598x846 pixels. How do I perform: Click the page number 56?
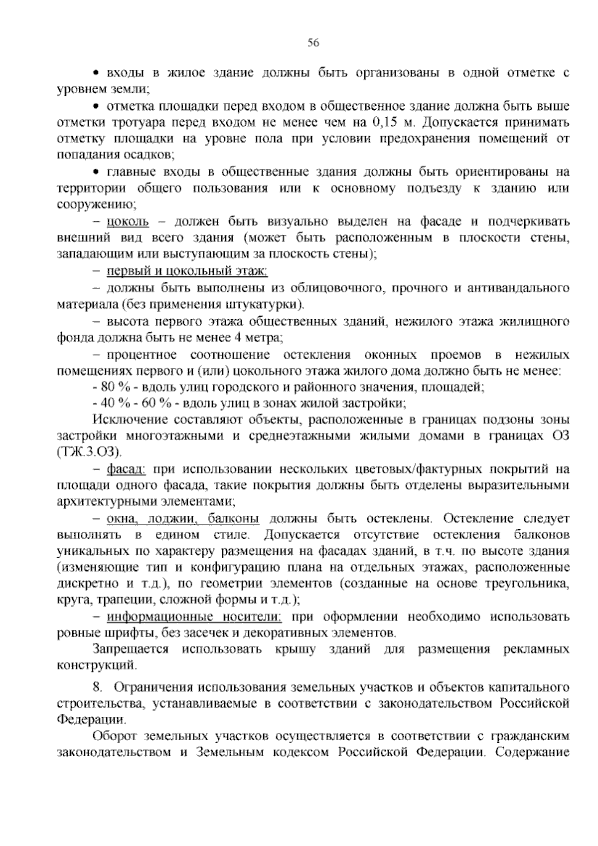pos(313,43)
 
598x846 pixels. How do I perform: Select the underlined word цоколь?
pos(128,221)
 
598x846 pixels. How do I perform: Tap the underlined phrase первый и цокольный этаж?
pos(187,271)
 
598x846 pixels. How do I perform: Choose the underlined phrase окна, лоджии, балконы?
pos(183,519)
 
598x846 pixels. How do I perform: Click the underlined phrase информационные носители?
pos(194,617)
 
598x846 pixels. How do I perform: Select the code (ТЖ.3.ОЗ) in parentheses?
pos(90,452)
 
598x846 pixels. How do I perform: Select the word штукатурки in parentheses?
pos(269,304)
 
